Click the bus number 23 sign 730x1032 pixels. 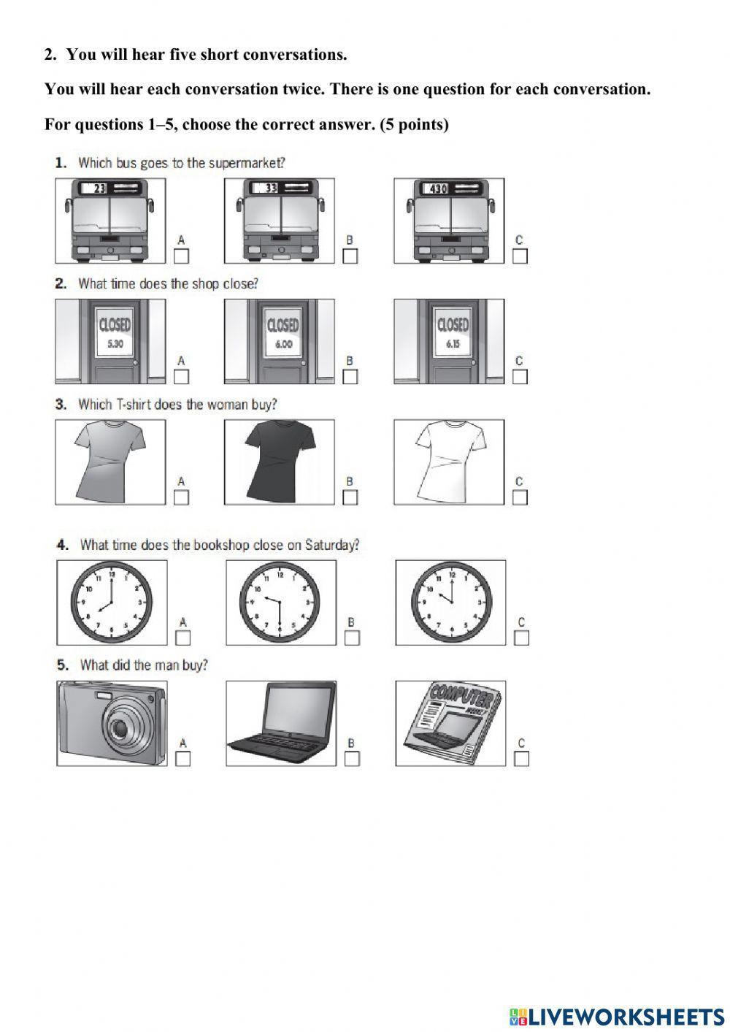click(100, 188)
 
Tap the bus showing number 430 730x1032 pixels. click(449, 221)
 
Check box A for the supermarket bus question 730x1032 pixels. click(182, 256)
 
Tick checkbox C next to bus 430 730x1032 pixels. click(520, 256)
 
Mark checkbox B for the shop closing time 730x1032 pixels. click(350, 377)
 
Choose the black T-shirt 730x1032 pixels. click(280, 462)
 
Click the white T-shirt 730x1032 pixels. click(448, 462)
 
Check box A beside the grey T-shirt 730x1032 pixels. click(182, 497)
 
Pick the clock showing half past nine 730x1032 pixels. click(280, 603)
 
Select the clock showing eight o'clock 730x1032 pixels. click(110, 603)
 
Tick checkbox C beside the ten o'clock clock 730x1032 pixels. click(521, 638)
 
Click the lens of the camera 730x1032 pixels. click(118, 728)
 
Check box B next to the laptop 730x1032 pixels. click(352, 759)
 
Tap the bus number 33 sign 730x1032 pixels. click(272, 188)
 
